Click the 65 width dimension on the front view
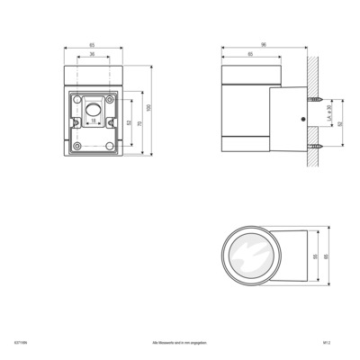tap(94, 44)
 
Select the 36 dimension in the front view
tap(94, 55)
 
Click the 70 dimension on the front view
tap(140, 123)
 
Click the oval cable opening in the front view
tap(94, 110)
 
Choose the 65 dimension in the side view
tap(249, 55)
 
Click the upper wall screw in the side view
tap(316, 100)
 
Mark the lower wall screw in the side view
tap(316, 146)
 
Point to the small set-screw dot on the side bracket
tap(301, 119)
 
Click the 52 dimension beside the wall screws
tap(339, 123)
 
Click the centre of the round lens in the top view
tap(249, 257)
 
